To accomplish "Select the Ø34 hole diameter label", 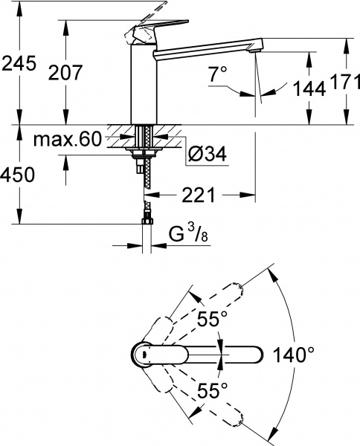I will coord(207,155).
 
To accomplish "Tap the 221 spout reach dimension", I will coord(198,195).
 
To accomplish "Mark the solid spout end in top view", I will coord(253,354).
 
